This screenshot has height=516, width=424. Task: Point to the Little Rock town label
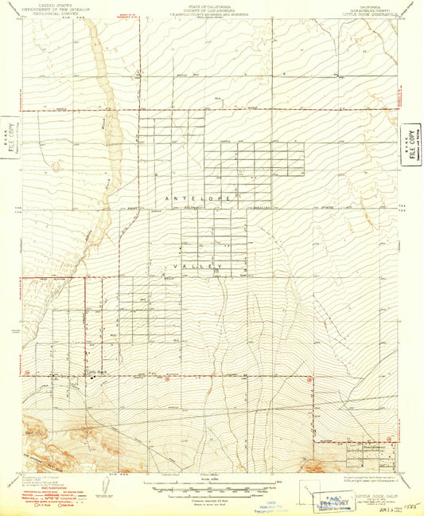point(96,372)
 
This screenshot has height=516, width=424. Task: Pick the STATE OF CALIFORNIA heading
point(211,4)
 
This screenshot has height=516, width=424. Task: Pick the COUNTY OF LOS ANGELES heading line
point(211,8)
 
